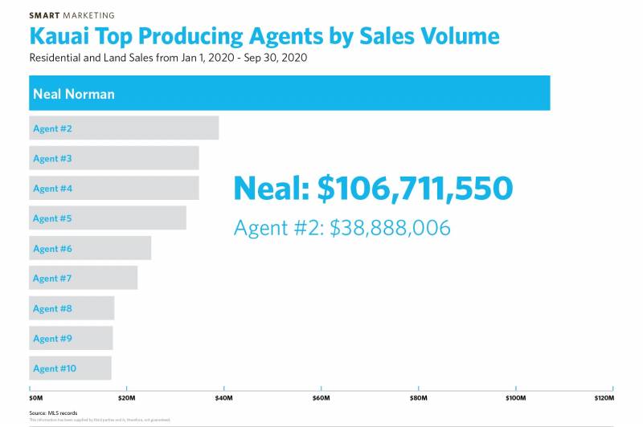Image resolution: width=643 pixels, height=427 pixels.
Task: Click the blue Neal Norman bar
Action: [289, 93]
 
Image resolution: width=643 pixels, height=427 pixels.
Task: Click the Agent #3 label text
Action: [52, 159]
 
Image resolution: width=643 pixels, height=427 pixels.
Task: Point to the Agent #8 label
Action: [52, 309]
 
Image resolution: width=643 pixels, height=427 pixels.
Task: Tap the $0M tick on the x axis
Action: [36, 398]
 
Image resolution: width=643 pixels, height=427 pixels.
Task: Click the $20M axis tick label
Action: [127, 398]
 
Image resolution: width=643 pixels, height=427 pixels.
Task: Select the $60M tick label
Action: [321, 398]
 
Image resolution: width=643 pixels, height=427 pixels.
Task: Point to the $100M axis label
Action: [514, 398]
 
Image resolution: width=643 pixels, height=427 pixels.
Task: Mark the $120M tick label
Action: [604, 398]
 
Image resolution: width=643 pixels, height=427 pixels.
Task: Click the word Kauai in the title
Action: [61, 37]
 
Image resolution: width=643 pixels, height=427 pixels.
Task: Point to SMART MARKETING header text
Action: [72, 15]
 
